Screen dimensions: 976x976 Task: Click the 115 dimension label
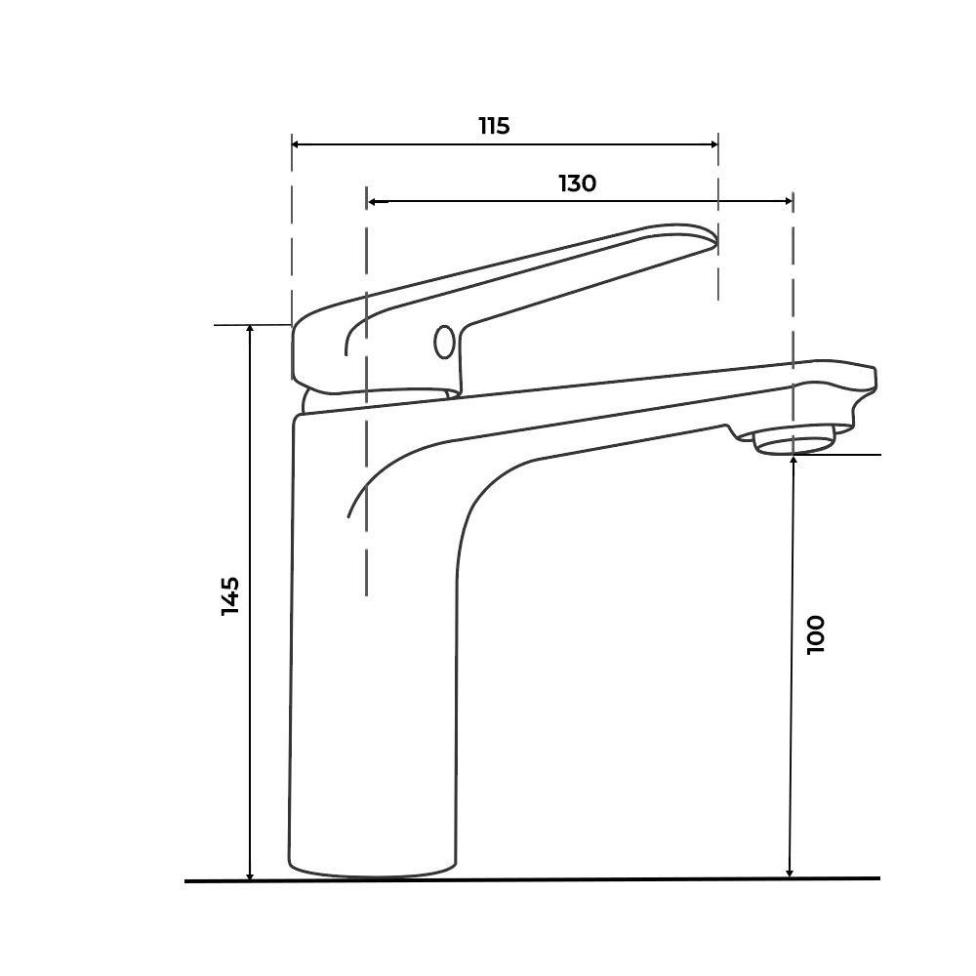pos(494,126)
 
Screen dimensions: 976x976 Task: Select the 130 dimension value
pos(578,183)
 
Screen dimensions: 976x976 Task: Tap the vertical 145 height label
pos(230,596)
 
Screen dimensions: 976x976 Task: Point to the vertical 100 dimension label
pos(815,635)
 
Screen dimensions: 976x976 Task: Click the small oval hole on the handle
pos(444,342)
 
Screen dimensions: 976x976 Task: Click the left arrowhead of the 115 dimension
pos(297,144)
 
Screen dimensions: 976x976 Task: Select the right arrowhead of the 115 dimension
pos(713,144)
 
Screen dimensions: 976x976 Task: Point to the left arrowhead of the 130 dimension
pos(372,202)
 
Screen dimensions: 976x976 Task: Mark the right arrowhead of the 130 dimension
pos(788,201)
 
